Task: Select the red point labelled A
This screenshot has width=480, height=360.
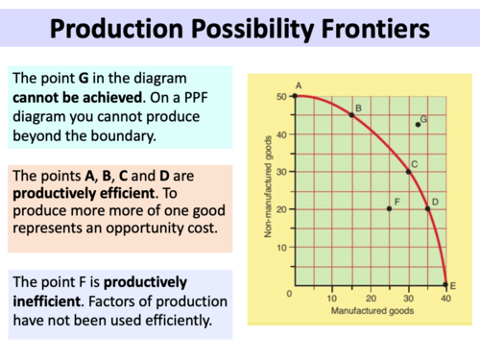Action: pyautogui.click(x=294, y=96)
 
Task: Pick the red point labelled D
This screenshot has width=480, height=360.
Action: pyautogui.click(x=427, y=209)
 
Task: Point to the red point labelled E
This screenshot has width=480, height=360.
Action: pyautogui.click(x=444, y=284)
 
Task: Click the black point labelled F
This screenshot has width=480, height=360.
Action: pyautogui.click(x=389, y=209)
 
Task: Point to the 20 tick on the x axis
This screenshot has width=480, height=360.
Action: pyautogui.click(x=370, y=297)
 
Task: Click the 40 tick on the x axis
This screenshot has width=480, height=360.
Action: pyautogui.click(x=444, y=297)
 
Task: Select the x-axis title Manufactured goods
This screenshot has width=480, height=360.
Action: pyautogui.click(x=370, y=311)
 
